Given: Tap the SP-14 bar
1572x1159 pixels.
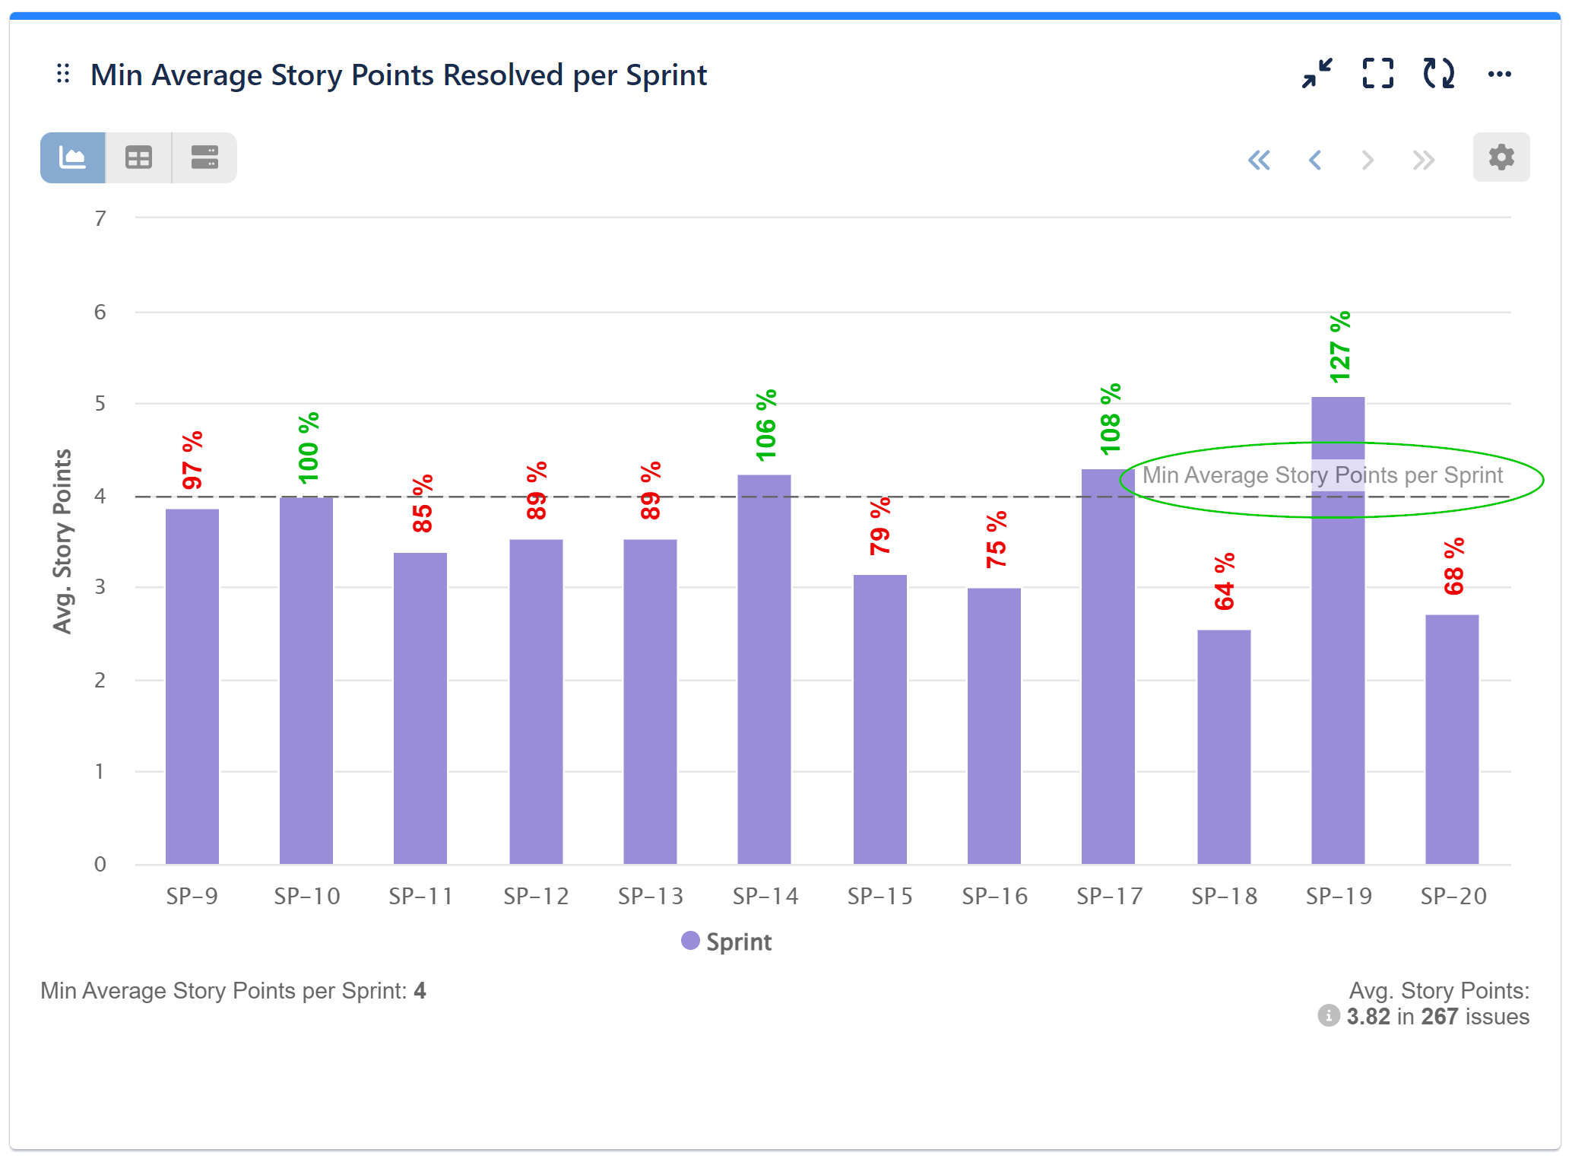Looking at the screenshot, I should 764,669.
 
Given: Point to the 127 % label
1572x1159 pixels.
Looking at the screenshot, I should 1340,348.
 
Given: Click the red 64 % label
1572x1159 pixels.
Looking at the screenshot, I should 1225,582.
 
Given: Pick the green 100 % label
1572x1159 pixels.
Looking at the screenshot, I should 309,448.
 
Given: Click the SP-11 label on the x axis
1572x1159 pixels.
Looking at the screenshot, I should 420,897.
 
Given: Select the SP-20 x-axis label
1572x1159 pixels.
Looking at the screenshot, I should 1453,897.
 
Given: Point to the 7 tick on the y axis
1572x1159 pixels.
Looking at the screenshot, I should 100,219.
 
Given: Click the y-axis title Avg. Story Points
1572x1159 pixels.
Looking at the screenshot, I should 62,541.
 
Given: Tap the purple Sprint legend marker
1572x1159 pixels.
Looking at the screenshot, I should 690,941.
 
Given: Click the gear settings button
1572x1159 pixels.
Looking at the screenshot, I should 1501,157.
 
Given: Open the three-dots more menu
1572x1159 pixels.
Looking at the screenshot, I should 1499,75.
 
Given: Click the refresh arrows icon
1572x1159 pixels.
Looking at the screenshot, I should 1438,75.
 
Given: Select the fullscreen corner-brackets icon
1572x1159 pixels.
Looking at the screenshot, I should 1377,75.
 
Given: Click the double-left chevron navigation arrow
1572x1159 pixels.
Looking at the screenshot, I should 1259,160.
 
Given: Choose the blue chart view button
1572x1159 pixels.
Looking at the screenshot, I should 73,158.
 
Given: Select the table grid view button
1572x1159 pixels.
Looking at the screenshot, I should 138,158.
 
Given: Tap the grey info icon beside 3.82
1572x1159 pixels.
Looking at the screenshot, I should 1328,1016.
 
